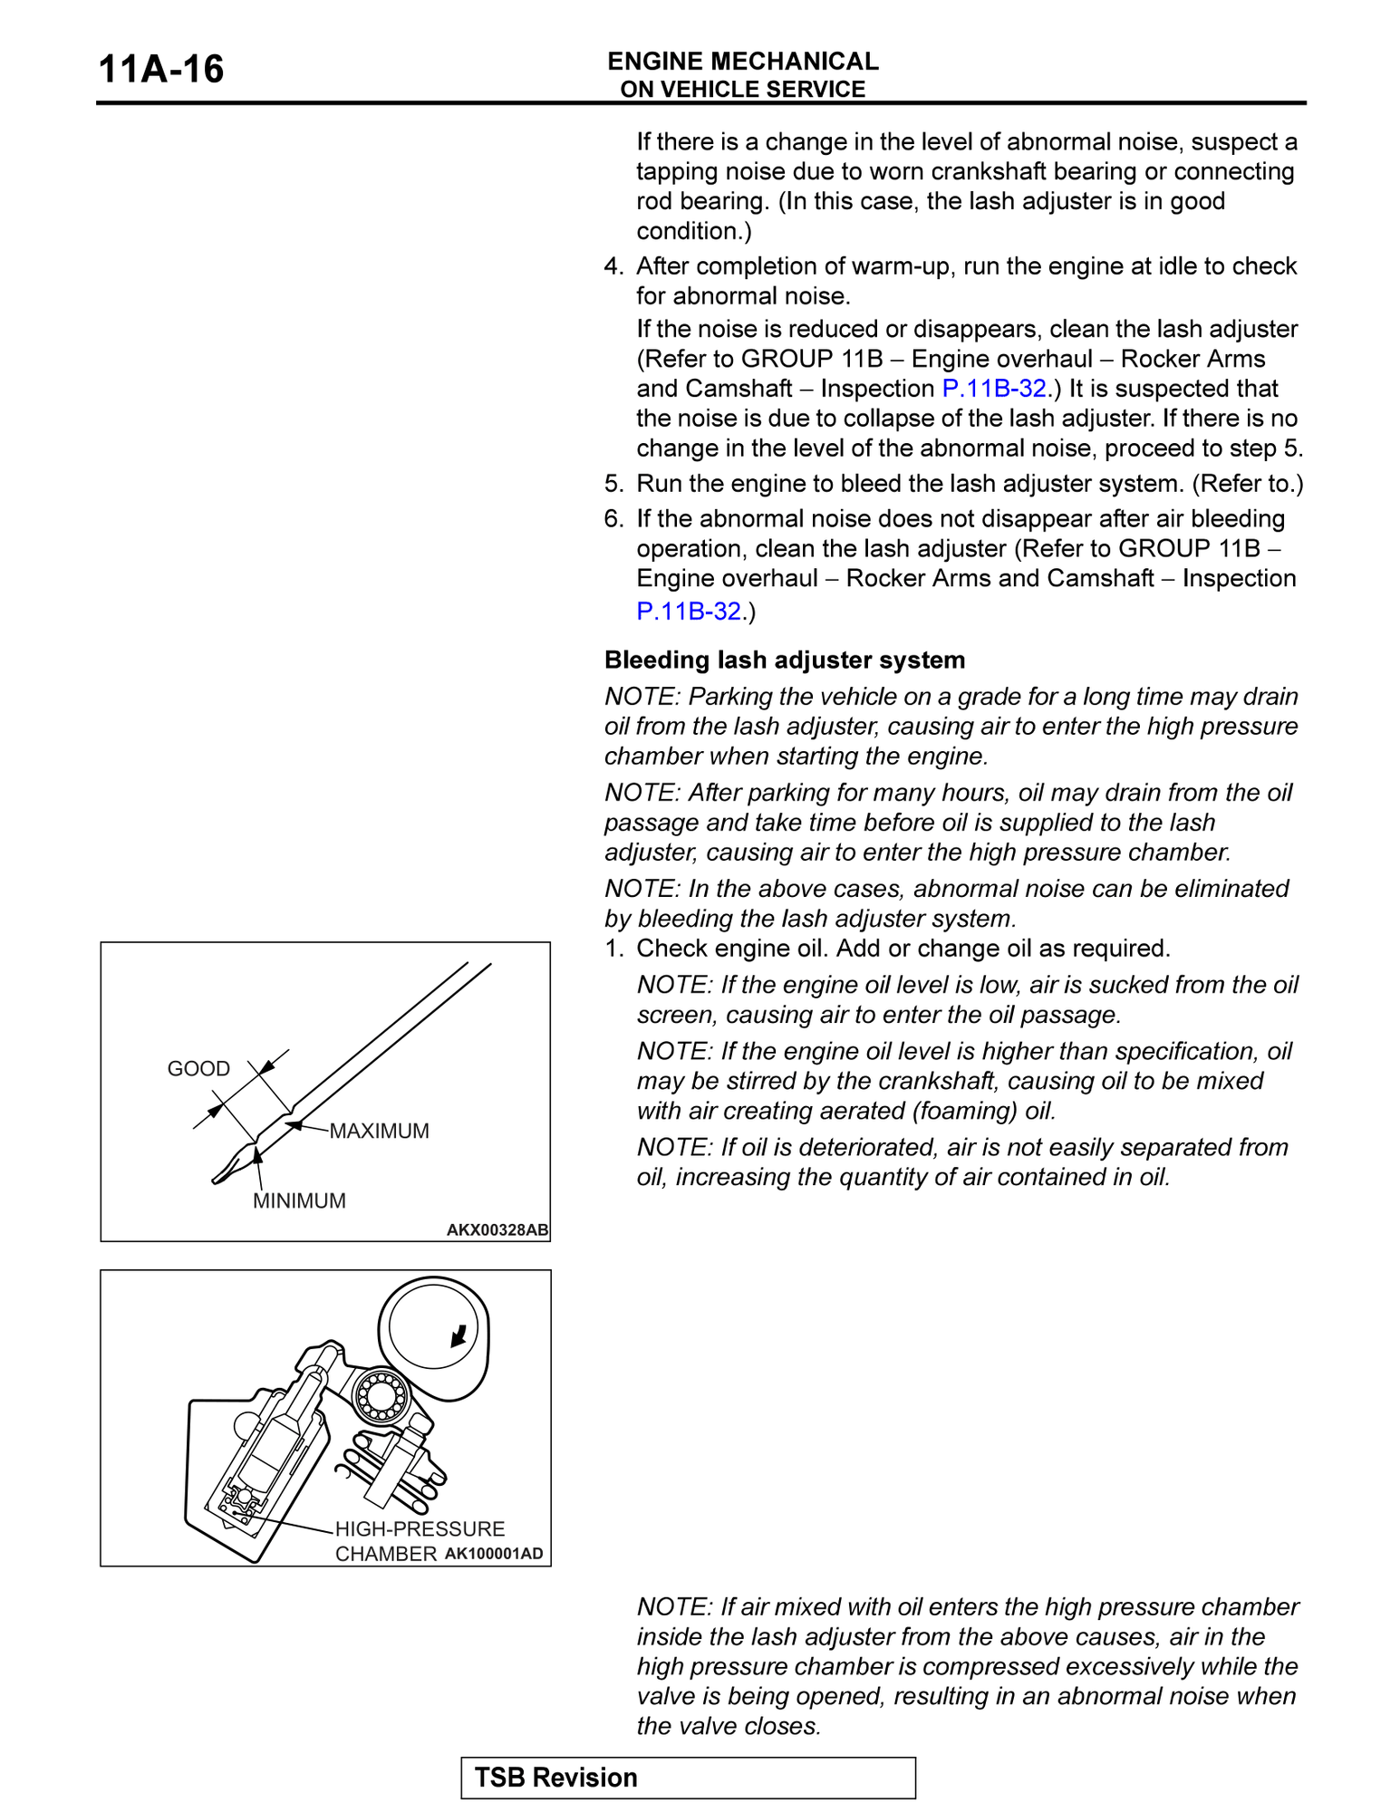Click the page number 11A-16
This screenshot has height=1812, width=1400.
pyautogui.click(x=160, y=70)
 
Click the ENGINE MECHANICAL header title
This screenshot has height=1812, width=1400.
pyautogui.click(x=742, y=61)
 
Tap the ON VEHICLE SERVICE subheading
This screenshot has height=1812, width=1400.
pyautogui.click(x=742, y=90)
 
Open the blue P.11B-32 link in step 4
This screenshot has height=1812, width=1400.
pyautogui.click(x=994, y=389)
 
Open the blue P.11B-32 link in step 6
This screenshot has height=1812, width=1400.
pyautogui.click(x=689, y=612)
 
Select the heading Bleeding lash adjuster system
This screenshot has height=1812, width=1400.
pyautogui.click(x=784, y=660)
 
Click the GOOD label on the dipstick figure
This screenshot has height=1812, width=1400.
pyautogui.click(x=198, y=1069)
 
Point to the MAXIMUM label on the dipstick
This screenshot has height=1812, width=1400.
pyautogui.click(x=379, y=1131)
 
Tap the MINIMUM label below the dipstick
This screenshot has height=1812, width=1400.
pyautogui.click(x=299, y=1200)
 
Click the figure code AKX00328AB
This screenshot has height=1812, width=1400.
pyautogui.click(x=497, y=1229)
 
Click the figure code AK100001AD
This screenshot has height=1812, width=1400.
pyautogui.click(x=494, y=1554)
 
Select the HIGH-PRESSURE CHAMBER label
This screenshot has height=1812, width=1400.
pyautogui.click(x=419, y=1541)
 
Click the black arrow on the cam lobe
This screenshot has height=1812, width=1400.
pyautogui.click(x=459, y=1335)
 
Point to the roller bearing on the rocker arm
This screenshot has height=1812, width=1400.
pyautogui.click(x=381, y=1396)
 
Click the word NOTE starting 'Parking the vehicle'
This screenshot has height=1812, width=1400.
pyautogui.click(x=641, y=697)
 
